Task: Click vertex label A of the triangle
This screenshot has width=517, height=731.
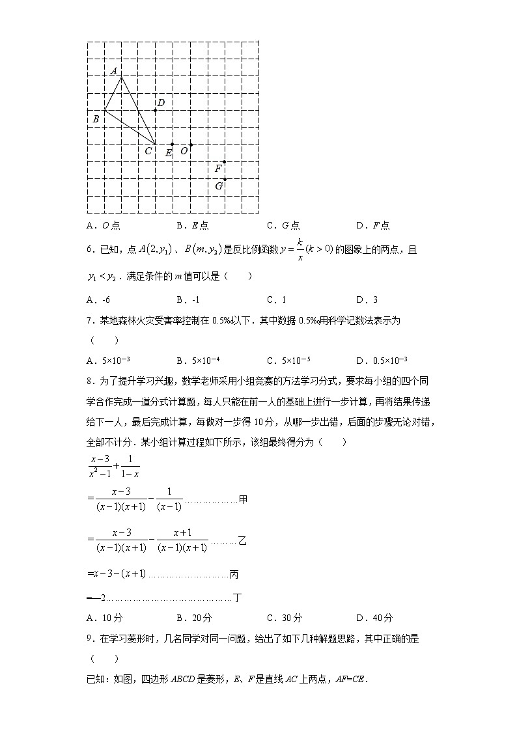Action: tap(113, 70)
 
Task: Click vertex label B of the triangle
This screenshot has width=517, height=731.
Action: tap(96, 119)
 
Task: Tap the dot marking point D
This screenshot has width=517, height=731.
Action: tap(155, 110)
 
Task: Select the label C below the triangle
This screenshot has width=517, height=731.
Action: tap(148, 151)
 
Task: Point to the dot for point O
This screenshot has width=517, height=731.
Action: tap(190, 145)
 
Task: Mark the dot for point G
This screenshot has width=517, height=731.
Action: tap(224, 178)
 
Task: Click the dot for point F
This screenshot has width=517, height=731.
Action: tap(224, 161)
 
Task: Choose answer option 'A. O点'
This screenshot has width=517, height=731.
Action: tap(103, 226)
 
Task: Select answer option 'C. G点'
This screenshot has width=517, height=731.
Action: tap(283, 226)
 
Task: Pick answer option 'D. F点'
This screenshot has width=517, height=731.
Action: tap(372, 226)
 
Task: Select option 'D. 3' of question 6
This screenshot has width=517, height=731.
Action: tap(367, 300)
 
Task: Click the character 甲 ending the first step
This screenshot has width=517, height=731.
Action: tap(243, 500)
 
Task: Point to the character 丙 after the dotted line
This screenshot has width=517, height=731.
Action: tap(234, 574)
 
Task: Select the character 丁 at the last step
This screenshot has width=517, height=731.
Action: tap(238, 598)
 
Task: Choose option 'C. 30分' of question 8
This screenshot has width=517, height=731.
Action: tap(285, 618)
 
